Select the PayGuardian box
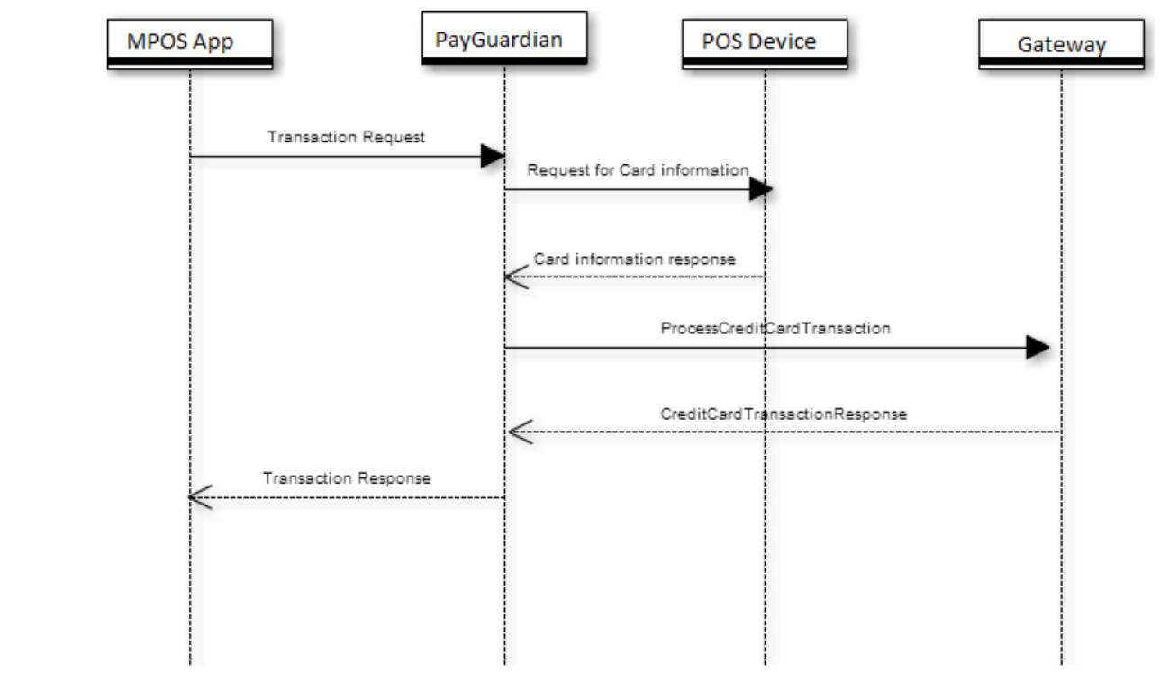point(504,39)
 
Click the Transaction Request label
point(347,138)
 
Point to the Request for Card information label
point(638,169)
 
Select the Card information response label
point(635,259)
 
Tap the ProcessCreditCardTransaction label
point(775,328)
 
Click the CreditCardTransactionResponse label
point(783,414)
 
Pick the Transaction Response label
point(347,478)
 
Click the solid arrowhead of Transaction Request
point(492,157)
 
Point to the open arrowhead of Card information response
point(515,277)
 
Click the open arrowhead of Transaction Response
point(200,497)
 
